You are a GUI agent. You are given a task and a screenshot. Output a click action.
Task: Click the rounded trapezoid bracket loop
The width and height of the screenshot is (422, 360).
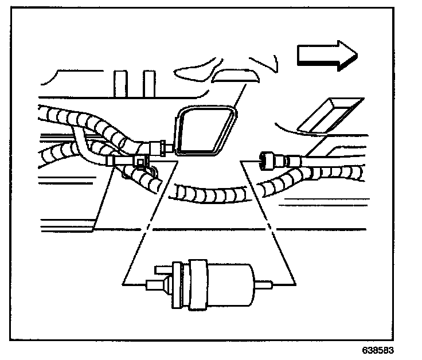(204, 131)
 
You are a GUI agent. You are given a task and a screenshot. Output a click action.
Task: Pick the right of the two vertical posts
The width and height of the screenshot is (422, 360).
(149, 83)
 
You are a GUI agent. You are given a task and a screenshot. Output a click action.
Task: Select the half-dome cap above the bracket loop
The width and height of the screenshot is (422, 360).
(235, 76)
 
